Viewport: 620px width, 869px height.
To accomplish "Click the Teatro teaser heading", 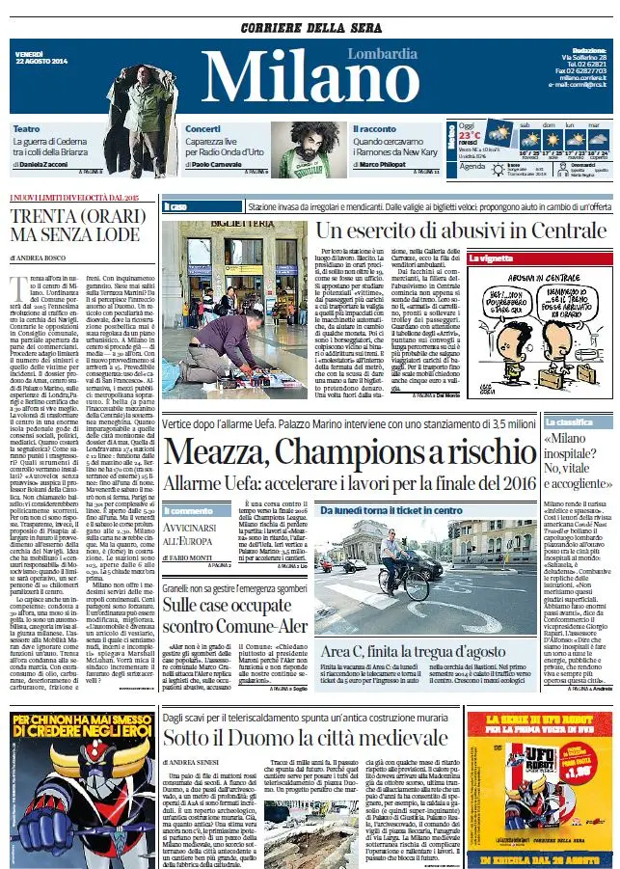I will point(26,128).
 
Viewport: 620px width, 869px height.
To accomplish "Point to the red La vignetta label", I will point(490,258).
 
